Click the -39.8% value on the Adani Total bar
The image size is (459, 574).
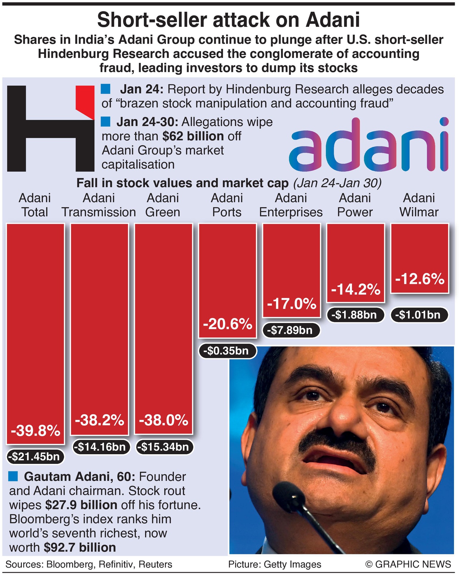pos(35,431)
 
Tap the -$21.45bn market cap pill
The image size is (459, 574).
pos(35,456)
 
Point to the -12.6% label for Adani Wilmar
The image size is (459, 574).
pos(419,279)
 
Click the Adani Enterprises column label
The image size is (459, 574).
pos(291,205)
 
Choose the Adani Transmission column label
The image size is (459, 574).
pos(99,205)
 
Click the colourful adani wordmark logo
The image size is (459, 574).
pos(368,145)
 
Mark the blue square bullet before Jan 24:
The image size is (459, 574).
pos(106,89)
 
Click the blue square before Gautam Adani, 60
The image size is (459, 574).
pos(13,476)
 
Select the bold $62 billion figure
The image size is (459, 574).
pos(193,136)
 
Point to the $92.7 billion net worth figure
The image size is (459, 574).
pos(80,547)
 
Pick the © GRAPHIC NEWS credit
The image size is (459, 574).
pos(408,564)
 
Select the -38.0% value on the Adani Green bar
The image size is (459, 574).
pos(163,420)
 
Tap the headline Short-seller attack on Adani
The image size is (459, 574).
pos(229,20)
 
